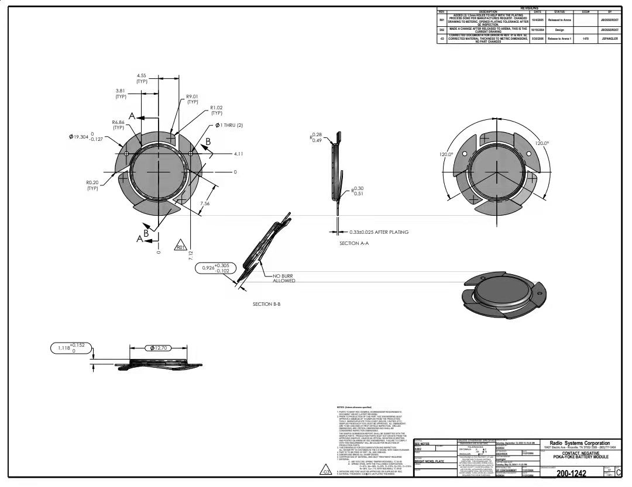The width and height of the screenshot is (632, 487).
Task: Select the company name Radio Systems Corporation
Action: (579, 444)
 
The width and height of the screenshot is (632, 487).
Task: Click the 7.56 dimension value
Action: (205, 203)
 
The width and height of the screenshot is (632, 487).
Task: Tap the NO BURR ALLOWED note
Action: (284, 278)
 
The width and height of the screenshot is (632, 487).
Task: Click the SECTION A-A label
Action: (354, 243)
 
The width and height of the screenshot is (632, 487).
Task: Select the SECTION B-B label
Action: (267, 304)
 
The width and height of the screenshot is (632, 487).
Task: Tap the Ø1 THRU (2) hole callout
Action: (229, 125)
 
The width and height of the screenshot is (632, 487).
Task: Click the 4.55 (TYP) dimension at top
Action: (142, 78)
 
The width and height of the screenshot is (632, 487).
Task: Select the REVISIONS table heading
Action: (530, 8)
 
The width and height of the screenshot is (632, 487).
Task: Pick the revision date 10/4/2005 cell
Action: (537, 20)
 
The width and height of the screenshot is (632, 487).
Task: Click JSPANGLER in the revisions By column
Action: (610, 39)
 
